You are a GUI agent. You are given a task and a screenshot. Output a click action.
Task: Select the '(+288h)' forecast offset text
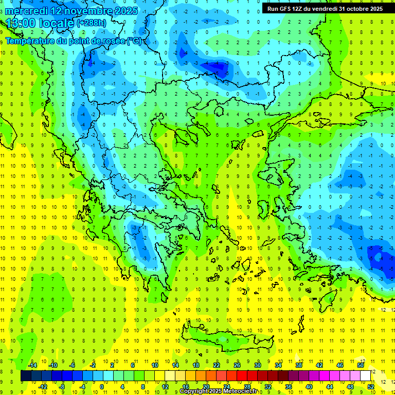coord(92,23)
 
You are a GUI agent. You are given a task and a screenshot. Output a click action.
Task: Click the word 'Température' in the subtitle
coord(30,41)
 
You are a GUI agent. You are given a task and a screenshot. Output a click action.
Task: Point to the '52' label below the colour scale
coord(370,387)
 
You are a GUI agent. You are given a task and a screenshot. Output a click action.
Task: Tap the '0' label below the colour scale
coord(102,387)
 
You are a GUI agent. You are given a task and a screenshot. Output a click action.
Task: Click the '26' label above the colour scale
coord(237,365)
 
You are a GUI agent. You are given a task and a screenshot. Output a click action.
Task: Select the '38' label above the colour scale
coord(299,365)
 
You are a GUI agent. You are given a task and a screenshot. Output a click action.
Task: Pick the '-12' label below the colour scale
coord(43,387)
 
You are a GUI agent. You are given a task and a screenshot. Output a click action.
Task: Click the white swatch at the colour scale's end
coord(365,376)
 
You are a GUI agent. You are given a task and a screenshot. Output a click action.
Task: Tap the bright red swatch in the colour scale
coord(242,376)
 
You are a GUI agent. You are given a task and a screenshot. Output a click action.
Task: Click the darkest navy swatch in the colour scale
coord(26,376)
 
